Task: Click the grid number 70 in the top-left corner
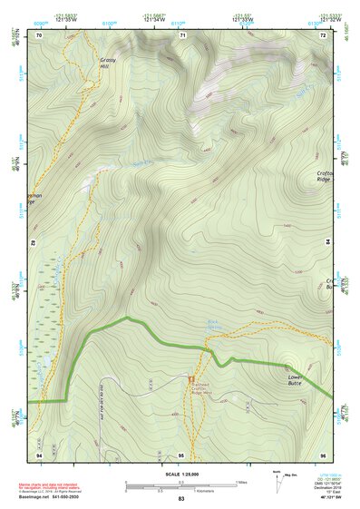click(x=39, y=34)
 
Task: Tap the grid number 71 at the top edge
click(x=182, y=34)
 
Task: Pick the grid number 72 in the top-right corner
click(x=323, y=34)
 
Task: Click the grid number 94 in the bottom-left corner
click(x=39, y=453)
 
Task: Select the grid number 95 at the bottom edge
click(x=181, y=453)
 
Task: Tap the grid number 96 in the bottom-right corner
click(x=323, y=453)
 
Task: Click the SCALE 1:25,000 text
click(x=180, y=475)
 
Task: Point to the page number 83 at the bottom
click(x=181, y=499)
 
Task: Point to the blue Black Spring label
click(x=215, y=323)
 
